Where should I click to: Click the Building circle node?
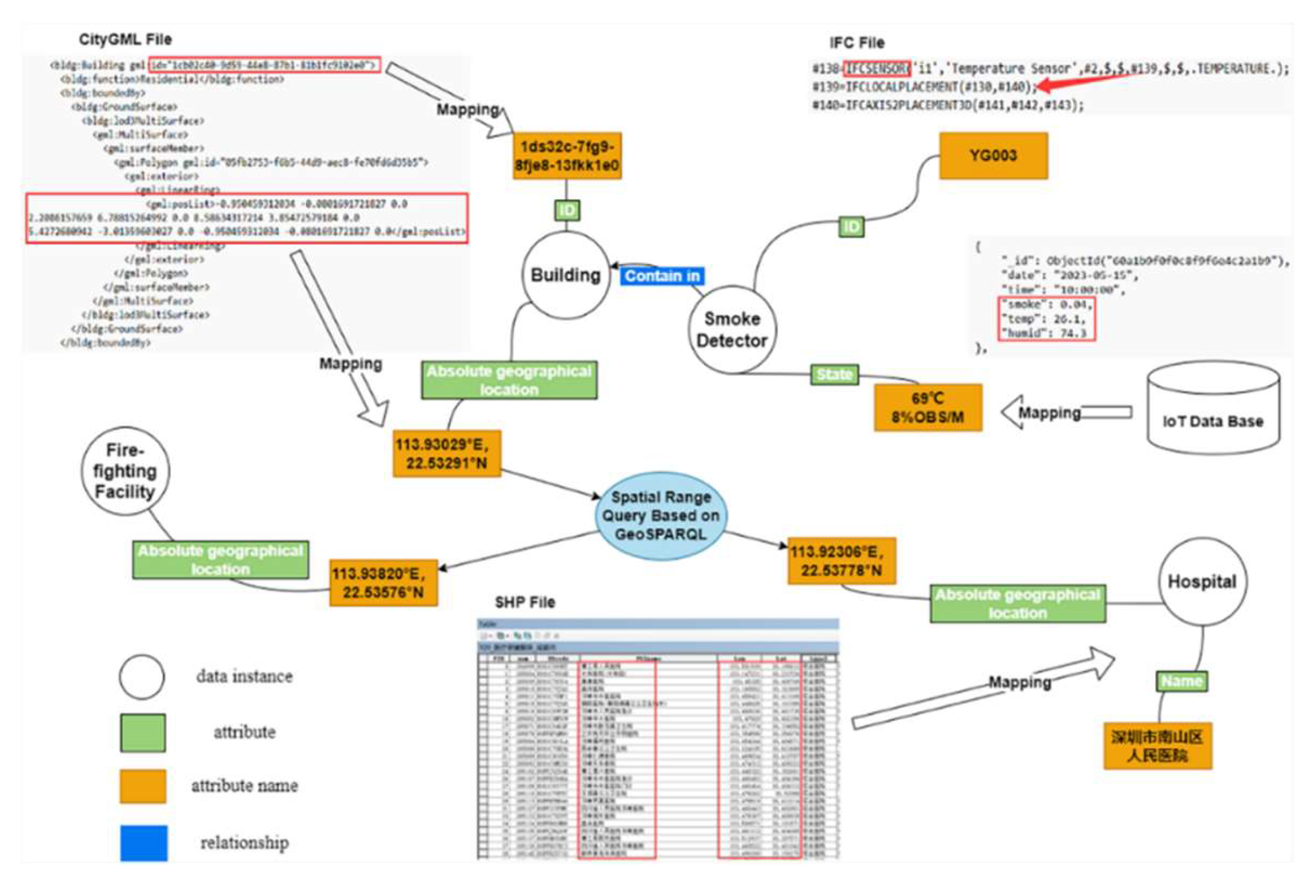(565, 275)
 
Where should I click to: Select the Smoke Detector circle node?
(732, 330)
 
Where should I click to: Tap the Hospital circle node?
(1201, 581)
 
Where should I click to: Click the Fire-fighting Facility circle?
(125, 471)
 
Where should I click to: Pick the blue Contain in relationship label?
(662, 276)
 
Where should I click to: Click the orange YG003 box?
(993, 156)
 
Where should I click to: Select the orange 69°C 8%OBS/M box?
(927, 407)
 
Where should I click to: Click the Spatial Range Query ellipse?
(660, 516)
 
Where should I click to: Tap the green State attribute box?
(834, 375)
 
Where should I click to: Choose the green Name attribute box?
(1181, 681)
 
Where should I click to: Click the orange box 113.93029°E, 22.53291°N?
(446, 454)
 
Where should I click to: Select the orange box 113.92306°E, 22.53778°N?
(841, 561)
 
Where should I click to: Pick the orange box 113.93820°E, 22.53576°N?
(383, 583)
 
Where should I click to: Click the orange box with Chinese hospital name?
(1157, 746)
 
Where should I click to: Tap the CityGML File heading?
(125, 39)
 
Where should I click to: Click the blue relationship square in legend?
(143, 843)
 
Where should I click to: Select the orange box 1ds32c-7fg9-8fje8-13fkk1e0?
(567, 156)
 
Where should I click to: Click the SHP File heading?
(524, 602)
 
